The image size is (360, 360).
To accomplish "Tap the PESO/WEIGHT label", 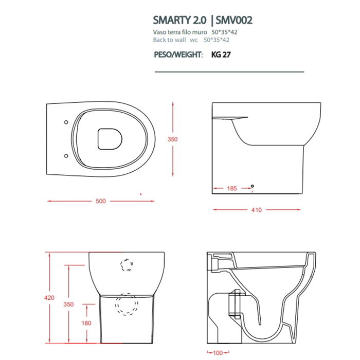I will coord(178,54).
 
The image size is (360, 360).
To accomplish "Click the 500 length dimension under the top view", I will coord(101,201).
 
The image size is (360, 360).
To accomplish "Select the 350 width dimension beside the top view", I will coord(173,139).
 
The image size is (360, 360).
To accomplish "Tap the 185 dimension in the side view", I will coord(231,189).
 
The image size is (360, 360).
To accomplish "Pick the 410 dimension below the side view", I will coord(257,210).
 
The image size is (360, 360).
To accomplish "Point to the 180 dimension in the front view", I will coord(86,323).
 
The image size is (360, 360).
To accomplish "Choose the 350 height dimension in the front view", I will coord(68,304).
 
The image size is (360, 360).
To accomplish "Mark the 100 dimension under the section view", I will coord(218,353).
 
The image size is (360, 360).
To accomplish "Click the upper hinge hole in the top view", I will coord(66,122).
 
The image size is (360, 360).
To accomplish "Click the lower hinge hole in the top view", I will coord(66,155).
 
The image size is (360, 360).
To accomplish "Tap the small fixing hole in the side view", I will coord(252,186).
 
